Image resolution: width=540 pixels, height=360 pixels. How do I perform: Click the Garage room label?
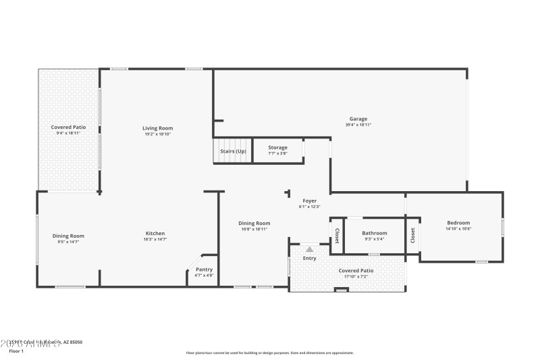(358, 119)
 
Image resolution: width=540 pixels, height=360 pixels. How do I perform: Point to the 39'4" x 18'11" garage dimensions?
(358, 125)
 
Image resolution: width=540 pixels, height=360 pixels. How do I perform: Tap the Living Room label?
(157, 128)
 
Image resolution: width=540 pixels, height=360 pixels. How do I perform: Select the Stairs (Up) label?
(233, 151)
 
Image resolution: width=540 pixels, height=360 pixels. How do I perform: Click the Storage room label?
(277, 147)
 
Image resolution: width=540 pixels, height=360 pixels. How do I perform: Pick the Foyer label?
(309, 201)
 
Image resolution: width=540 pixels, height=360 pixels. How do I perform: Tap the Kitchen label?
(155, 233)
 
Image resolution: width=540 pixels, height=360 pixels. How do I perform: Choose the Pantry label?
(204, 269)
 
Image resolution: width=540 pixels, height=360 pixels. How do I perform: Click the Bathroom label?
(374, 233)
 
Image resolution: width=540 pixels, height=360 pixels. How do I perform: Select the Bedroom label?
(458, 223)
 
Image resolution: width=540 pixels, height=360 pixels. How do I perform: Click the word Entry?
(309, 258)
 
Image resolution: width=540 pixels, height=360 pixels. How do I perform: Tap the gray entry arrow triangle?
(309, 249)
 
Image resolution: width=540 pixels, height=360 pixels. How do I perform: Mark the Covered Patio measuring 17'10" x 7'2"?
(356, 271)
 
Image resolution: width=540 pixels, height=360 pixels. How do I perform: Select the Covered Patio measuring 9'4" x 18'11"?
(69, 127)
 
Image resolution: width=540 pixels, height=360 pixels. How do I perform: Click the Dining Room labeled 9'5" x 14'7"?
(69, 236)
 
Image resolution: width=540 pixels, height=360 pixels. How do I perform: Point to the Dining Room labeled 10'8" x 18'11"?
(254, 223)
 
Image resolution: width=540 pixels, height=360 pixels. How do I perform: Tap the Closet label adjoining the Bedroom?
(412, 235)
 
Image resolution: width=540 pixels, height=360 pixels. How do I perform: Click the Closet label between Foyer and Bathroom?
(336, 235)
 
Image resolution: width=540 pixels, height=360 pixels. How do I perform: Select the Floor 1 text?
(16, 351)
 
